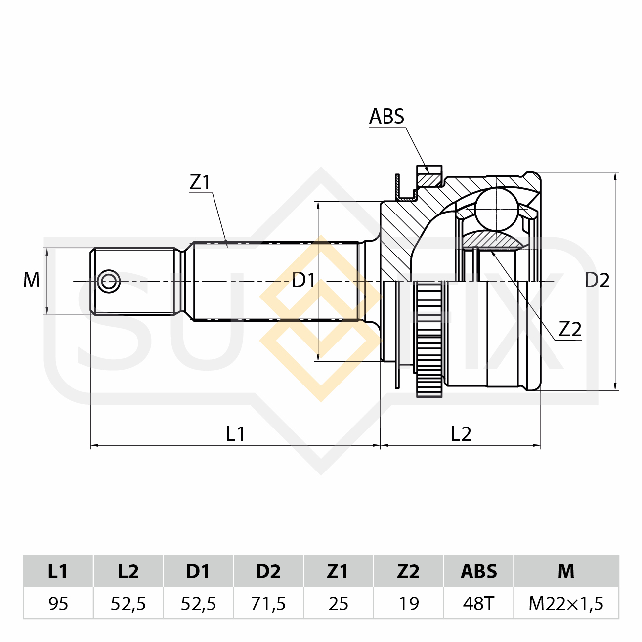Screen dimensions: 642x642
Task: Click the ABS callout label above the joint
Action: [386, 117]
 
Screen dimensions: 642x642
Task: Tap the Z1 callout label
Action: [200, 182]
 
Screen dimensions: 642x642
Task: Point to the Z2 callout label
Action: [569, 329]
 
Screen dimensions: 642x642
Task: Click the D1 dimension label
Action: [303, 281]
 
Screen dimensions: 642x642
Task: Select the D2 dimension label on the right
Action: [597, 281]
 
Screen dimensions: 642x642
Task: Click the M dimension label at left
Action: [32, 280]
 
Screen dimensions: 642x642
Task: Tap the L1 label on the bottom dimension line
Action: [235, 434]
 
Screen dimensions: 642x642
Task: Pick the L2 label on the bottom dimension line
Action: [461, 434]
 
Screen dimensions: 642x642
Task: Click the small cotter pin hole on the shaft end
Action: [109, 281]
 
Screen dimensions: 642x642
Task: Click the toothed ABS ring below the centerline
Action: [429, 341]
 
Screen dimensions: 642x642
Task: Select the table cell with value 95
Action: [58, 603]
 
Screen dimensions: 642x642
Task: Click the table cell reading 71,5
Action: [268, 603]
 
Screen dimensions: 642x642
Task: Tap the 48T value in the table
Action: [478, 603]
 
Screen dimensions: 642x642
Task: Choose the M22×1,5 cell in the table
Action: [566, 603]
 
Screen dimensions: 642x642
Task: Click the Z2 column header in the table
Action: [408, 571]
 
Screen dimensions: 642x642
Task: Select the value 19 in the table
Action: [409, 603]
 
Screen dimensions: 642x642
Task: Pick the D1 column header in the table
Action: [198, 571]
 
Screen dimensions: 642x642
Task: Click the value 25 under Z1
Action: [339, 603]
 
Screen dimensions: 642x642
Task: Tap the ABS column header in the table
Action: [478, 571]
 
